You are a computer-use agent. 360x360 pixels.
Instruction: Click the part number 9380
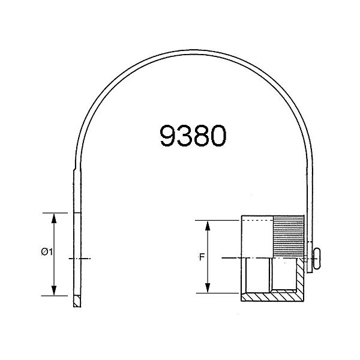pyautogui.click(x=193, y=136)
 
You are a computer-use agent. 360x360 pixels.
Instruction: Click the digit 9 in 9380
pyautogui.click(x=169, y=136)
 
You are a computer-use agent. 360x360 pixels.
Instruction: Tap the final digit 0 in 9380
pyautogui.click(x=217, y=136)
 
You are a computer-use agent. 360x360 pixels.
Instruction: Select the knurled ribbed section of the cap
pyautogui.click(x=288, y=236)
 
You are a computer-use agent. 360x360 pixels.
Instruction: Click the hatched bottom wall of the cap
pyautogui.click(x=270, y=296)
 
